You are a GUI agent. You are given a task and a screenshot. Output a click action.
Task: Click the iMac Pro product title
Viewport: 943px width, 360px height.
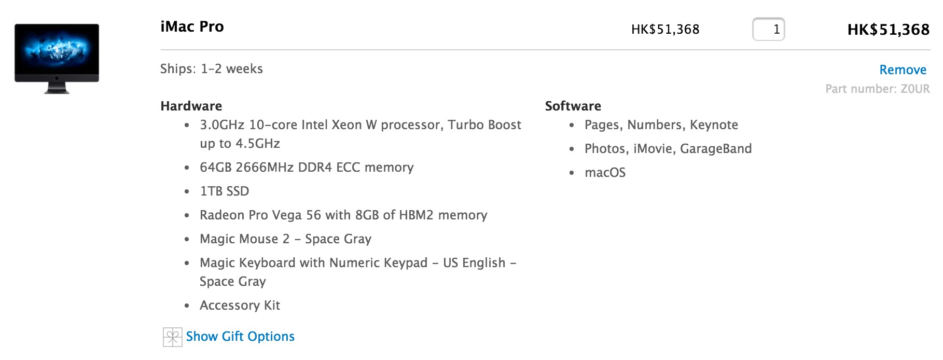[192, 26]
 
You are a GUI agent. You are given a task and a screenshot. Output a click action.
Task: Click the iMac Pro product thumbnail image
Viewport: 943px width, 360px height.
[57, 58]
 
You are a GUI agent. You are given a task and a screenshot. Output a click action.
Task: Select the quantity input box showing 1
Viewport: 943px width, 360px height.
[768, 29]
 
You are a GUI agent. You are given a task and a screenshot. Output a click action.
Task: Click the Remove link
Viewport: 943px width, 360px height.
[903, 70]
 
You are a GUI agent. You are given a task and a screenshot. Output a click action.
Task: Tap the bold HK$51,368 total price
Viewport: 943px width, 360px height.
[888, 30]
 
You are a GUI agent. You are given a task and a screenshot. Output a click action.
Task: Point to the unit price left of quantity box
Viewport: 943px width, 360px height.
[665, 30]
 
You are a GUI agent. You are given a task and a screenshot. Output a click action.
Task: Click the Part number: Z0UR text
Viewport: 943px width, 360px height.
[877, 89]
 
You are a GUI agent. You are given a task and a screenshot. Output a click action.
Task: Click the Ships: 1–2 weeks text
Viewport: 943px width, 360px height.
[212, 69]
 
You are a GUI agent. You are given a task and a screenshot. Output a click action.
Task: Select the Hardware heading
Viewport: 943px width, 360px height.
[191, 106]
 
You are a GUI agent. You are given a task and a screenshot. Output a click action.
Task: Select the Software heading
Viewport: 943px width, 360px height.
[573, 106]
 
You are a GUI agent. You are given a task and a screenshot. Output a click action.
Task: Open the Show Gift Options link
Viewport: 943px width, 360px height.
[240, 337]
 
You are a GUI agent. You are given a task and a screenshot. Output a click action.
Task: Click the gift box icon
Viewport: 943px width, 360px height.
[172, 337]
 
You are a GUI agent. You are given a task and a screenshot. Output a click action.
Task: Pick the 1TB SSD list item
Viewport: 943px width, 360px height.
[224, 191]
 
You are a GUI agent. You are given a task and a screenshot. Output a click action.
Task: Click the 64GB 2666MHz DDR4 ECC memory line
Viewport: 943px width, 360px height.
[307, 168]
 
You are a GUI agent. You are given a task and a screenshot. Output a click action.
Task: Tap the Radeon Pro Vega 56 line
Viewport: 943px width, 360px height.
[343, 215]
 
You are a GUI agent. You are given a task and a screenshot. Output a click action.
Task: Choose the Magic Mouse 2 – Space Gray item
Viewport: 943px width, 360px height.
[285, 239]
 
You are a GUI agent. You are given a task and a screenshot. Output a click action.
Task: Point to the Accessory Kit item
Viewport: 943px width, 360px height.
[240, 306]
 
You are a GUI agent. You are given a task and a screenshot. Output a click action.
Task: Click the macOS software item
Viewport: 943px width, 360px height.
[605, 173]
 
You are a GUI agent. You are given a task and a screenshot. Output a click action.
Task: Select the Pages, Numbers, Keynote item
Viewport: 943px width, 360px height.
[661, 125]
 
